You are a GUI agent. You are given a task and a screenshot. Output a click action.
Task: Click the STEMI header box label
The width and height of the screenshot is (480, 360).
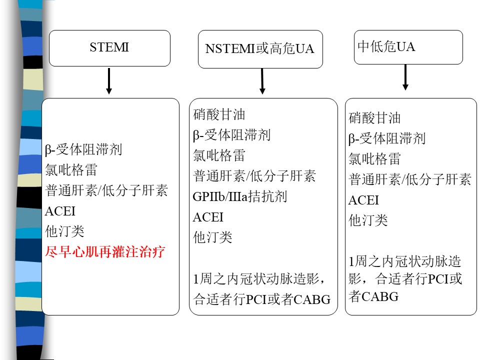pyautogui.click(x=109, y=47)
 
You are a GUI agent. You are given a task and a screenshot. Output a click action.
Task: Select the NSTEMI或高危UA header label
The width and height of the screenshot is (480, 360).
pyautogui.click(x=260, y=48)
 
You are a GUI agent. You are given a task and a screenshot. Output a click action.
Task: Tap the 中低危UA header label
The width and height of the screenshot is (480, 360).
pyautogui.click(x=386, y=46)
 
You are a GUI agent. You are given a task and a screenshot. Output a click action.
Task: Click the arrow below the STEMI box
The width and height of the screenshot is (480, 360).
pyautogui.click(x=109, y=81)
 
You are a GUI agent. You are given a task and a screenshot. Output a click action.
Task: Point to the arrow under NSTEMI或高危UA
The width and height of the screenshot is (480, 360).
pyautogui.click(x=262, y=81)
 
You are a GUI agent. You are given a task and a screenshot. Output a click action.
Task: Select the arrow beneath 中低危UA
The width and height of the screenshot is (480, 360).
pyautogui.click(x=405, y=77)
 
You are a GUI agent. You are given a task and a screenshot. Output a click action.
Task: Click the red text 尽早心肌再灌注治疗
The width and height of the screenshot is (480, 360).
pyautogui.click(x=105, y=252)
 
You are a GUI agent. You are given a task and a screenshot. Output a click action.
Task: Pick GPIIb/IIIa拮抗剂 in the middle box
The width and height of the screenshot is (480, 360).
pyautogui.click(x=239, y=196)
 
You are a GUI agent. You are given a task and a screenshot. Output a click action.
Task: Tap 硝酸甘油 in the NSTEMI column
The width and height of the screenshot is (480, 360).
pyautogui.click(x=219, y=114)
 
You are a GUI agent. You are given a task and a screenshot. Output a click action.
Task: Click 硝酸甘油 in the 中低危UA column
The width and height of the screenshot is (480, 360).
pyautogui.click(x=374, y=118)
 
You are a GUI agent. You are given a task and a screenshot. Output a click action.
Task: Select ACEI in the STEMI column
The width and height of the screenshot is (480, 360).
pyautogui.click(x=60, y=211)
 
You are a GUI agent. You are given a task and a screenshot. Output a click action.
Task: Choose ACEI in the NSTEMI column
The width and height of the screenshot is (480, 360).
pyautogui.click(x=208, y=217)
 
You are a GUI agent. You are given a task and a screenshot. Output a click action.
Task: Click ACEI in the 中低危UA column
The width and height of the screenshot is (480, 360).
pyautogui.click(x=363, y=200)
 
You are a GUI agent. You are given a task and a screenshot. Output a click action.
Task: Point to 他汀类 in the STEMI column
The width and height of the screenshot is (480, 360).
pyautogui.click(x=64, y=231)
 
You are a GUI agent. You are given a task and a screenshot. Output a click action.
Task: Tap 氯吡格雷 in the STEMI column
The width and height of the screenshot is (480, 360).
pyautogui.click(x=71, y=170)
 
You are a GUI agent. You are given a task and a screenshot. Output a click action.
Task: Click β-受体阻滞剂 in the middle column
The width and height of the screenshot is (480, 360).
pyautogui.click(x=231, y=135)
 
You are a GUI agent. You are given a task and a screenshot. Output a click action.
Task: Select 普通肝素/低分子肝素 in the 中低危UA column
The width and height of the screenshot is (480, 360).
pyautogui.click(x=410, y=179)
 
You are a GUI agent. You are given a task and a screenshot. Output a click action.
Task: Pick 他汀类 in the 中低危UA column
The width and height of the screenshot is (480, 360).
pyautogui.click(x=368, y=220)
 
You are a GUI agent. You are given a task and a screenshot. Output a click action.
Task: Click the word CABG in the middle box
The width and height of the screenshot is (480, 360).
pyautogui.click(x=312, y=299)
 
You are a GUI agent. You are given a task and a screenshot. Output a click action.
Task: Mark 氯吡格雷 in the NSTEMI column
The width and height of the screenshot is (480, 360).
pyautogui.click(x=219, y=155)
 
